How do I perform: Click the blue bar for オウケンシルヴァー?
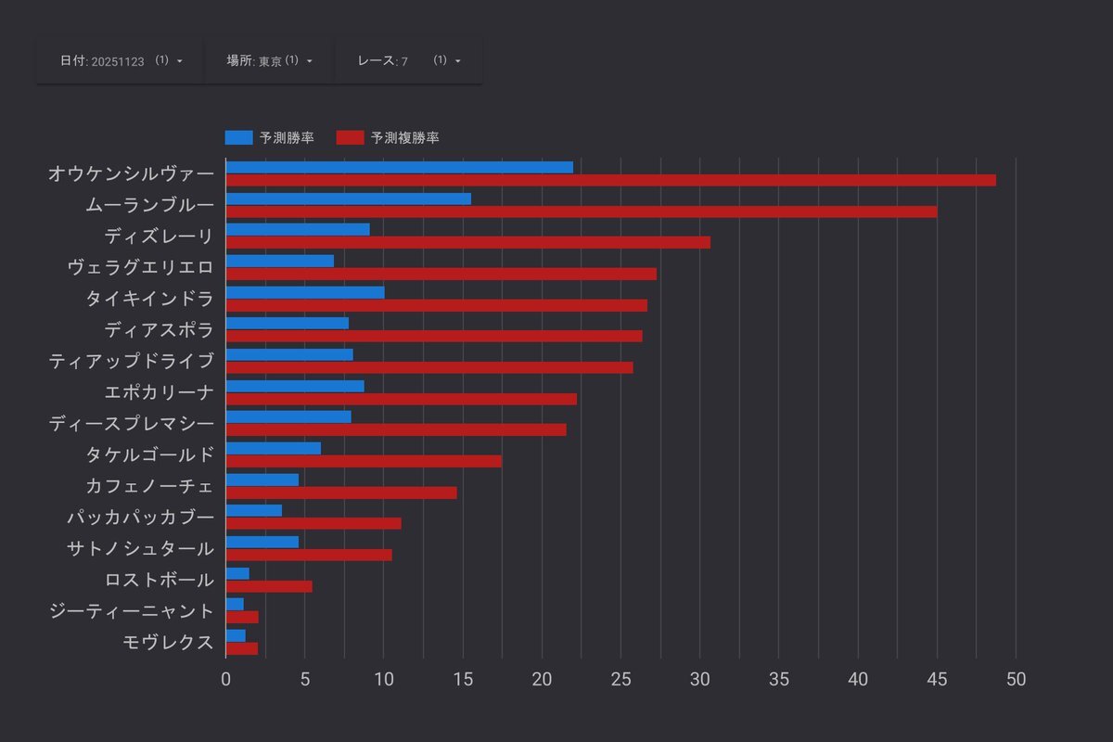point(399,167)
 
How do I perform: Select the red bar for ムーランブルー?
point(581,211)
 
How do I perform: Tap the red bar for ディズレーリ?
point(467,242)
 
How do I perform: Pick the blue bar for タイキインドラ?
point(304,292)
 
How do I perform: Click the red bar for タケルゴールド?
point(364,461)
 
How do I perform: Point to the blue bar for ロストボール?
point(237,573)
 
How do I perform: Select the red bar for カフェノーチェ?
point(341,493)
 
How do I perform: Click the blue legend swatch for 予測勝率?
point(238,137)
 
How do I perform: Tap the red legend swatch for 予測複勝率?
point(350,137)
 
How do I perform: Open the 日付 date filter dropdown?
point(121,60)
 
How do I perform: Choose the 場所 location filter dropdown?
point(269,60)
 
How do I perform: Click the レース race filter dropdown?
point(408,60)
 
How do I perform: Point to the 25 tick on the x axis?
point(620,678)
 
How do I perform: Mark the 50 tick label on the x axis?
point(1016,678)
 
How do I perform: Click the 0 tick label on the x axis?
point(225,678)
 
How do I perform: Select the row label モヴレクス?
point(168,642)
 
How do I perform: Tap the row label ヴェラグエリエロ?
point(140,267)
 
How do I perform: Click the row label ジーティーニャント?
point(131,610)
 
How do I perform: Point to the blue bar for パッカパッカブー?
point(253,510)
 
